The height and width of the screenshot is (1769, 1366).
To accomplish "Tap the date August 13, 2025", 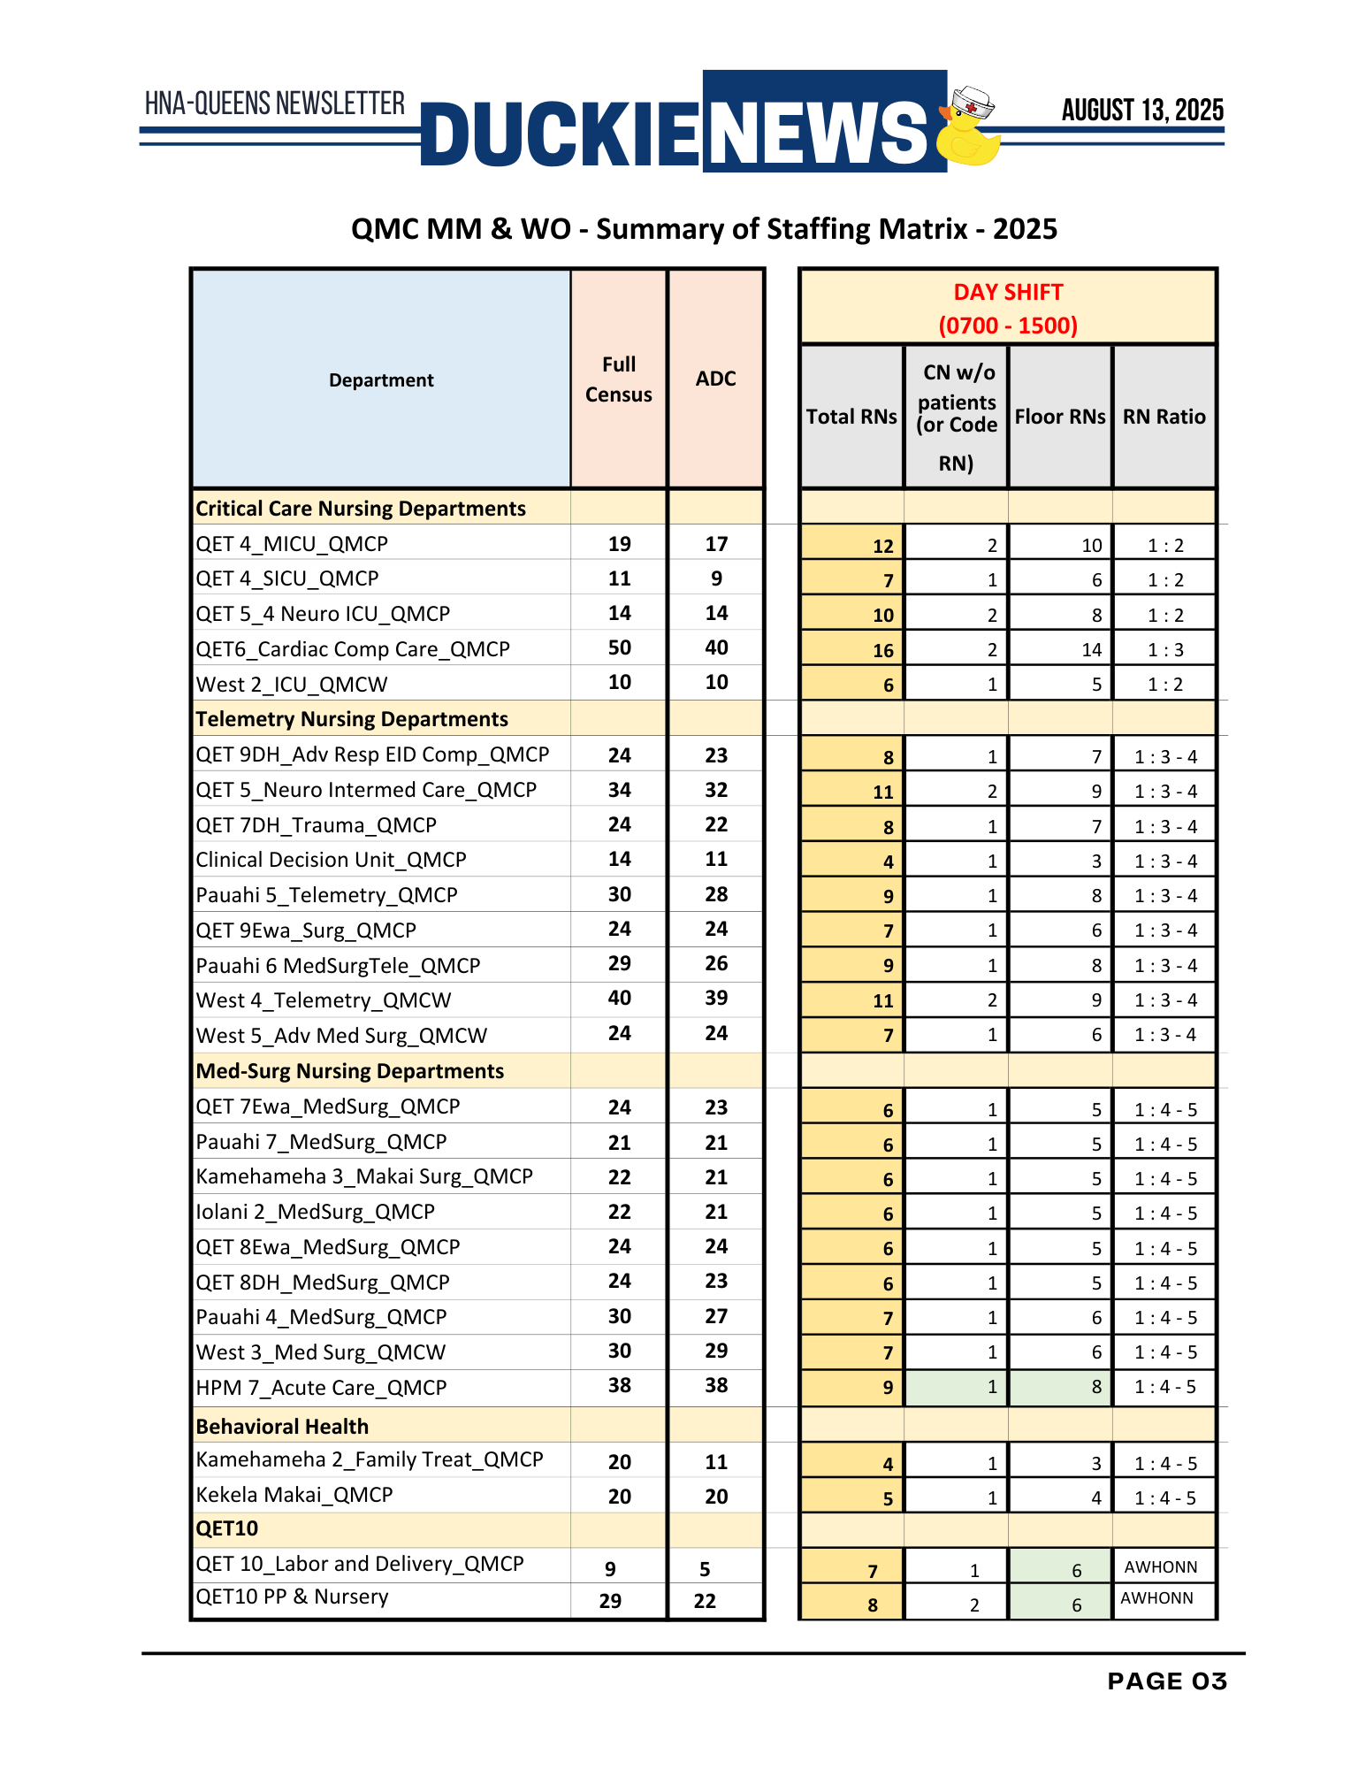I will (x=1142, y=111).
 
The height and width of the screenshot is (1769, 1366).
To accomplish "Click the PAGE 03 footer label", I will (x=1167, y=1681).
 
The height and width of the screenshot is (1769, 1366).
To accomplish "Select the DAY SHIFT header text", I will (x=1008, y=293).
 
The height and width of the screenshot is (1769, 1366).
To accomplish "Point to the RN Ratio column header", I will (x=1164, y=417).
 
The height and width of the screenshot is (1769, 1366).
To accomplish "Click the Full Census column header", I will (x=619, y=379).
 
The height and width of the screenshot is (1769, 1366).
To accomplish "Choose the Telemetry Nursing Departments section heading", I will (x=352, y=719).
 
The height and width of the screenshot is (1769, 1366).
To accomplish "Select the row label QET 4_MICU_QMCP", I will (x=292, y=544).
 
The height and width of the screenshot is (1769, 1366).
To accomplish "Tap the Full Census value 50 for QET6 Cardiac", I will (x=619, y=648).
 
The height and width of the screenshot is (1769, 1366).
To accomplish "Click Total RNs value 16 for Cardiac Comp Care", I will (x=882, y=651).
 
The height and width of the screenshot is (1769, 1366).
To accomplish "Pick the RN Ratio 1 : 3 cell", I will (x=1164, y=650).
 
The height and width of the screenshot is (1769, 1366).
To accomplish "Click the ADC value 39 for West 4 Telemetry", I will (x=716, y=999).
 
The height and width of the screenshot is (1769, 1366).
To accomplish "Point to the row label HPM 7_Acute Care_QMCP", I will (x=321, y=1388).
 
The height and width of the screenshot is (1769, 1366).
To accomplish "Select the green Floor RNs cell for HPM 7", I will (x=1060, y=1387).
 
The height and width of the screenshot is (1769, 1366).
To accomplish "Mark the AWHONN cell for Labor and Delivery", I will (x=1161, y=1567).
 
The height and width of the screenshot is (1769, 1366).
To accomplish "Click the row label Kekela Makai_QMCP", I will (x=294, y=1495).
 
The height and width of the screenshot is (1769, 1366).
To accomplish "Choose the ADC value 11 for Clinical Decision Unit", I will (x=716, y=860).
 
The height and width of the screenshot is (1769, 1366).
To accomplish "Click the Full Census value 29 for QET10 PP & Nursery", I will (x=610, y=1601).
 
